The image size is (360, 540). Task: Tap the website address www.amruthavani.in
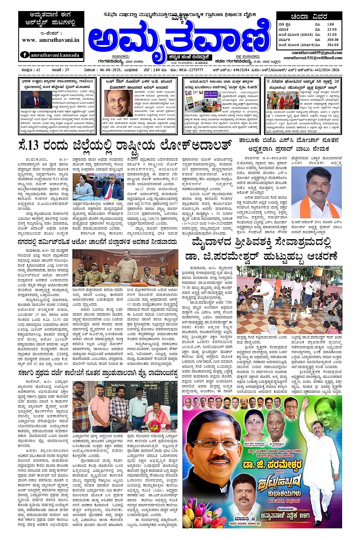coord(51,40)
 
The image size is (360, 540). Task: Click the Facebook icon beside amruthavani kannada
coord(25,55)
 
